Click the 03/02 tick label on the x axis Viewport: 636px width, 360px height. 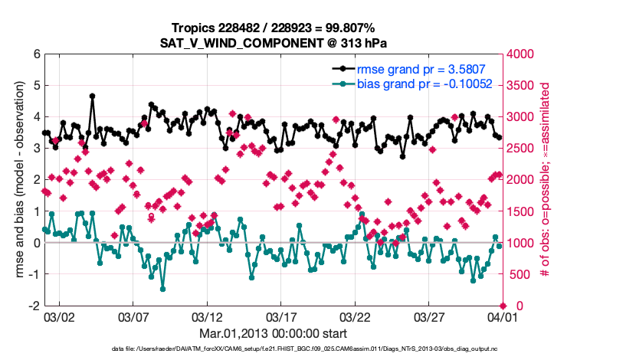[59, 316]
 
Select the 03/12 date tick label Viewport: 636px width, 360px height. [207, 316]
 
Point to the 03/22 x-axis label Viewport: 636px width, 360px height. [355, 316]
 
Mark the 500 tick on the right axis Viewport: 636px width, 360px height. [518, 274]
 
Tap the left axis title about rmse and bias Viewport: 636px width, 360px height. [16, 179]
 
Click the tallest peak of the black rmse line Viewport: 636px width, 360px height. [93, 97]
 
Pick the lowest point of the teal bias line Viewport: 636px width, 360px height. [162, 289]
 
